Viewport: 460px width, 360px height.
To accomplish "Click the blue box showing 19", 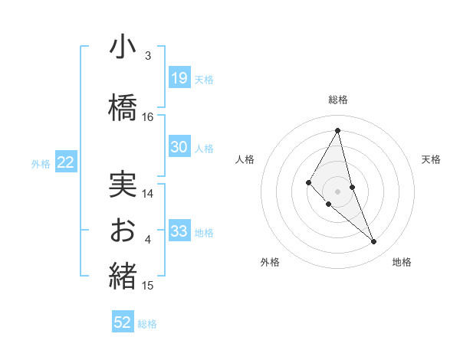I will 179,77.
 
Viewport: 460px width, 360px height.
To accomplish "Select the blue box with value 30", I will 179,147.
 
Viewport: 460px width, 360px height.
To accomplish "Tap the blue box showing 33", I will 179,231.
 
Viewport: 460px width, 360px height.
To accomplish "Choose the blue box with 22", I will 66,162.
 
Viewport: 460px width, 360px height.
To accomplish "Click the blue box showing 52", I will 123,322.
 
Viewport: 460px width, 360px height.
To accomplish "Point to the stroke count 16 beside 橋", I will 148,116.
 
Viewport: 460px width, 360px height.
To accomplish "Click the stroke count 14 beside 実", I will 148,194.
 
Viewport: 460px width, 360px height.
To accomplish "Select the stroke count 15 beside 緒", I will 148,286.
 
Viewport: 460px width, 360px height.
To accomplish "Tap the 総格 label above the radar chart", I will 338,100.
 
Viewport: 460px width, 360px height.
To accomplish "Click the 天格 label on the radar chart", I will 432,159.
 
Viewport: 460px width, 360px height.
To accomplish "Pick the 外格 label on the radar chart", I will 270,262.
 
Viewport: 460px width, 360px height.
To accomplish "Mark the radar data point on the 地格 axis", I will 374,242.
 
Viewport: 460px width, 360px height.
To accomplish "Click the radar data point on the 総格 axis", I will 338,130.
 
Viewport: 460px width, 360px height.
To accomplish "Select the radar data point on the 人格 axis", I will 308,182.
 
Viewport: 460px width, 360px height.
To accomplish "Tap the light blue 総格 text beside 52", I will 148,324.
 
